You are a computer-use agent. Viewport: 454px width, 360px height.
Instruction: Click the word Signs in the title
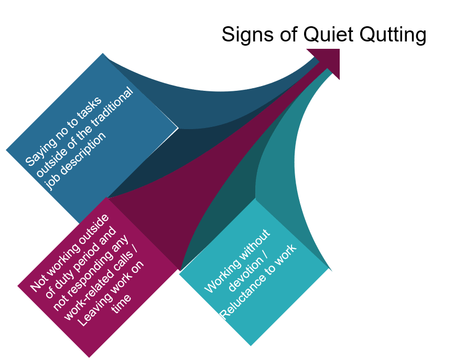247,35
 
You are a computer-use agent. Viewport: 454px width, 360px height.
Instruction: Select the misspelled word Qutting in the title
393,35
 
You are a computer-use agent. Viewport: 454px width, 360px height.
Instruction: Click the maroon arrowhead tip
339,49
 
